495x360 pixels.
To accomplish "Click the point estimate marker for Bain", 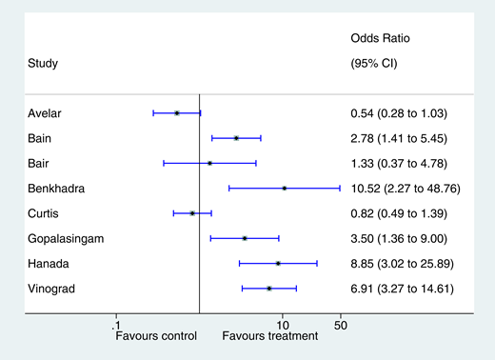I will pos(236,138).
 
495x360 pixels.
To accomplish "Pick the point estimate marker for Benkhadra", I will pos(284,189).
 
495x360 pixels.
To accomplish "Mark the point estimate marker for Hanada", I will pos(278,263).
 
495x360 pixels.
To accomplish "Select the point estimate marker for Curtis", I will pos(192,213).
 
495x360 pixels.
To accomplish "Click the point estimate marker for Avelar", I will pos(177,113).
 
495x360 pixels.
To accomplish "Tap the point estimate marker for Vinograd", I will pos(269,288).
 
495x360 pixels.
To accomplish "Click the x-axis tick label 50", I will pos(340,325).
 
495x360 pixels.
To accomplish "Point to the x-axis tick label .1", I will pos(116,325).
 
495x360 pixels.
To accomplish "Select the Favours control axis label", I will pos(156,336).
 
